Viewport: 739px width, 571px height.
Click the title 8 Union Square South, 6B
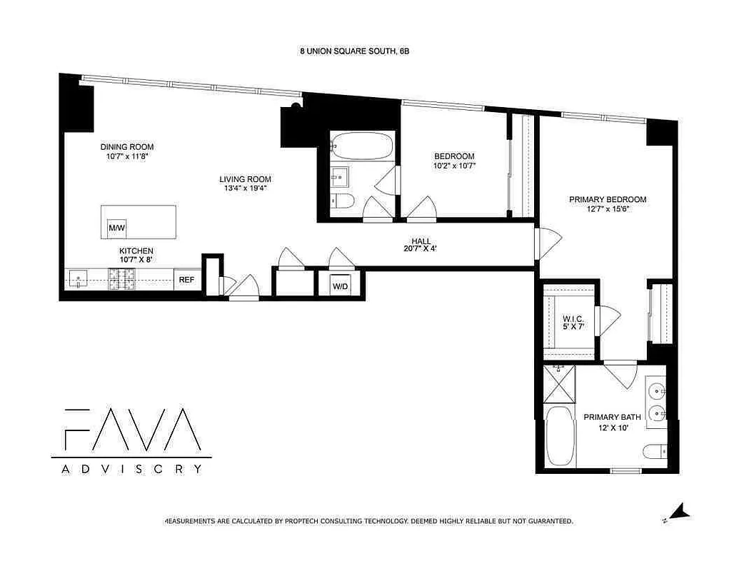pos(355,51)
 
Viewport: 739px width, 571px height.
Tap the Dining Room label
pos(127,147)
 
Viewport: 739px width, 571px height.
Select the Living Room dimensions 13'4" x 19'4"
pos(245,188)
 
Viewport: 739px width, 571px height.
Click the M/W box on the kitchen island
pos(116,228)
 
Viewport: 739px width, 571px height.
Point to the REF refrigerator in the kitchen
pos(186,281)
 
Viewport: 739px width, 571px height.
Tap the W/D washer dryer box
pos(340,286)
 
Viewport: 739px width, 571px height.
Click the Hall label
pos(421,241)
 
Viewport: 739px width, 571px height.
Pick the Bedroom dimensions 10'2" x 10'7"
pos(455,166)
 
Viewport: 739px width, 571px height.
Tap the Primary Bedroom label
pos(607,200)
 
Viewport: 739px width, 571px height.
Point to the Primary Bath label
pos(612,417)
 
